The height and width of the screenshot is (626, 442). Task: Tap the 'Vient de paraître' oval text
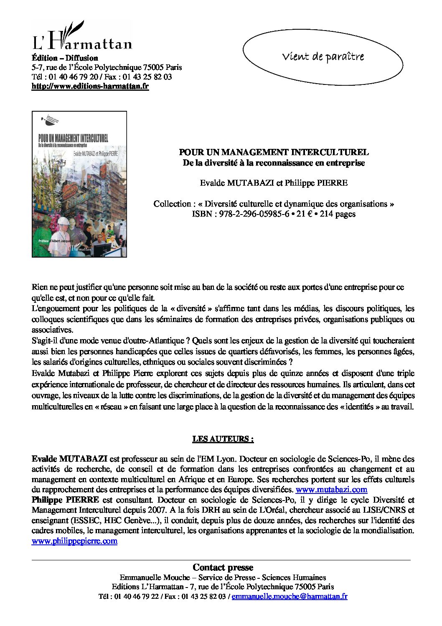coord(323,56)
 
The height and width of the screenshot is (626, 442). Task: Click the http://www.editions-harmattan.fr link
coord(90,87)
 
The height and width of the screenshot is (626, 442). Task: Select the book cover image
coord(79,184)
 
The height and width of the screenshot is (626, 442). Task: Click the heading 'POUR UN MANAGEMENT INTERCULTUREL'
coord(274,153)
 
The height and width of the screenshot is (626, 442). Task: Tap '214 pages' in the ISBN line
coord(338,214)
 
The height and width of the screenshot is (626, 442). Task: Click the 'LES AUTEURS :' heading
coord(223,439)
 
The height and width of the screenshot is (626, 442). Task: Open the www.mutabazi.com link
coord(331,489)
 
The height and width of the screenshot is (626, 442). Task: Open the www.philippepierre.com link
coord(74,541)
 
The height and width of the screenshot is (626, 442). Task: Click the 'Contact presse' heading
coord(223,567)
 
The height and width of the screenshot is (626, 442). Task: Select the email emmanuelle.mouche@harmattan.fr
coord(290,597)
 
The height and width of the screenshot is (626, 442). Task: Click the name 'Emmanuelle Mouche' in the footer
coord(155,577)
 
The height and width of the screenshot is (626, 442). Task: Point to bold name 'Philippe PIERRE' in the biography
coord(65,500)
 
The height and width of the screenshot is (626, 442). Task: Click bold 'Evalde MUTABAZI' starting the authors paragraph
coord(69,459)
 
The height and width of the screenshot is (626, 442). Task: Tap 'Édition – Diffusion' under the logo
coord(65,58)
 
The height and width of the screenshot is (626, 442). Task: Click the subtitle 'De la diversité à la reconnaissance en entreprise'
coord(274,163)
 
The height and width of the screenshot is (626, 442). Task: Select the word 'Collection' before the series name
coord(172,204)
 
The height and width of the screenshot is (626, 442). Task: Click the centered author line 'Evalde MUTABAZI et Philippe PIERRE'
coord(274,183)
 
